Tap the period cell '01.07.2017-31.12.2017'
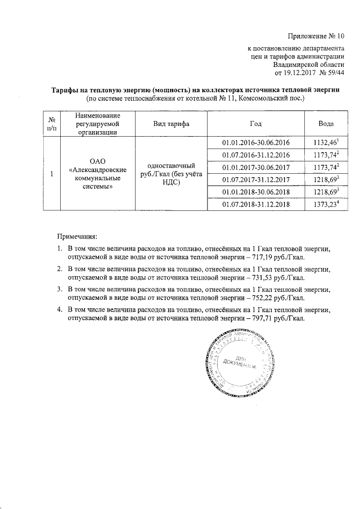[256, 179]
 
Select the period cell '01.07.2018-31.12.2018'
[256, 204]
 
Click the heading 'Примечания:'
[80, 237]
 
